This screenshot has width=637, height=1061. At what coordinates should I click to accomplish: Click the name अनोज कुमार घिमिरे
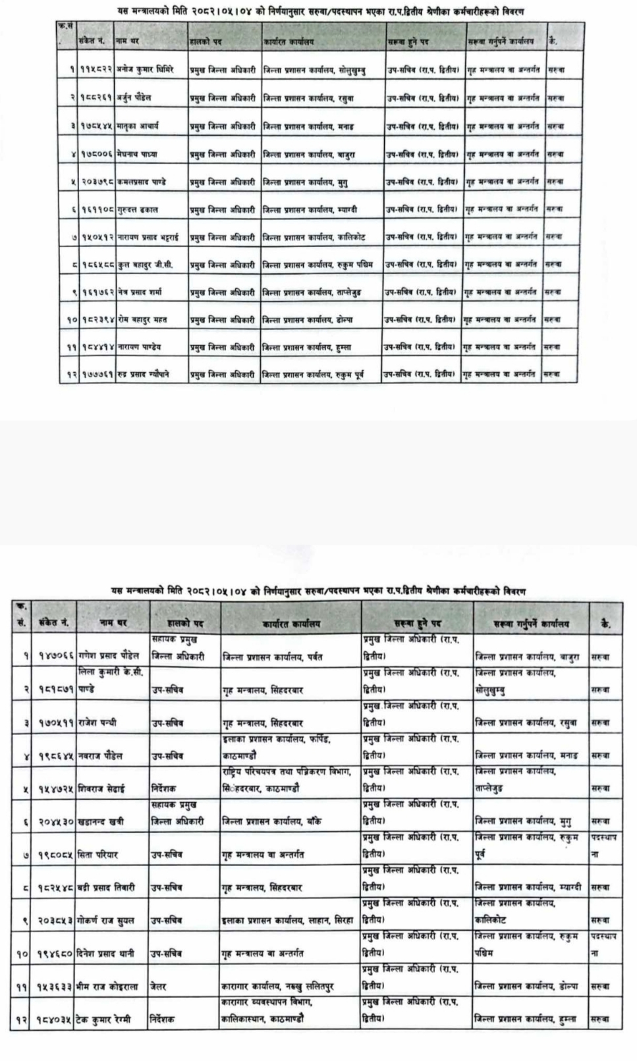tap(146, 69)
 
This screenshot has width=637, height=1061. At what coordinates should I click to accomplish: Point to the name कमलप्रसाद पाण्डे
tap(142, 181)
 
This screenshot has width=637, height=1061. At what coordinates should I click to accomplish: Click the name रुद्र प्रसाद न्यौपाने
tap(144, 374)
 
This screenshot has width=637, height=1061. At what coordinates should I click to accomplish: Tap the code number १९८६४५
tap(55, 756)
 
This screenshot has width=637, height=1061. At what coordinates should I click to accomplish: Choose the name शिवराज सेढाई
tap(101, 788)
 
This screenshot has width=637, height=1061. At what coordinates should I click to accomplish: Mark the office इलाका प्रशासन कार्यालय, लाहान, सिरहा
tap(288, 920)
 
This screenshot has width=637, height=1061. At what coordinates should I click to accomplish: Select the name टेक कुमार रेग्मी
tap(104, 1019)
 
